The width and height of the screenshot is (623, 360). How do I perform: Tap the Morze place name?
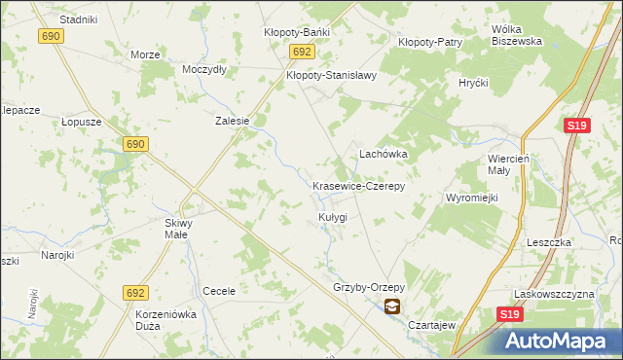coord(145,54)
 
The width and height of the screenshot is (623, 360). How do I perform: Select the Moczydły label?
coord(204,70)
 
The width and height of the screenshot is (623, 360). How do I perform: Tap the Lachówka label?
coord(383,154)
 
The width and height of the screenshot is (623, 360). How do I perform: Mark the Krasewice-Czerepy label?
coord(357,185)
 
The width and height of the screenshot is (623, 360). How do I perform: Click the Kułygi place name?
coord(332,216)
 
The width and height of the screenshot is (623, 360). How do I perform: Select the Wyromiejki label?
coord(472,198)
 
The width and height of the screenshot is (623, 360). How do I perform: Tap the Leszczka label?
coord(546,241)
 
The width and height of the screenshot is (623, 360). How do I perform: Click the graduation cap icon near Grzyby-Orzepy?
coord(391,306)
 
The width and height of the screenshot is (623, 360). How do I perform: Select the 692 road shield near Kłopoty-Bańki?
coord(302,52)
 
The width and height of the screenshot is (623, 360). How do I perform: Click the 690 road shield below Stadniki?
coord(52,36)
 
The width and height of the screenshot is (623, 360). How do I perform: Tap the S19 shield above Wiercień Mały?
coord(577,126)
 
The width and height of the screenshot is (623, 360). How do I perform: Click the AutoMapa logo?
coord(558,340)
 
